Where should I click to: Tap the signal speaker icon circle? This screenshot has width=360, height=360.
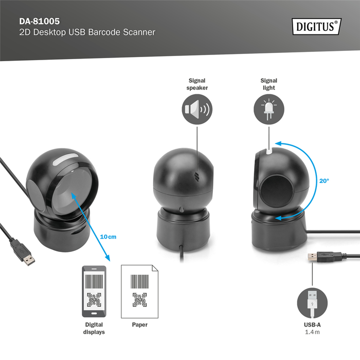coord(196,110)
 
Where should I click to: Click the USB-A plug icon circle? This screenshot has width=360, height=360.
coord(312,301)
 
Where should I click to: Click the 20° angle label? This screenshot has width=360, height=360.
coord(324,181)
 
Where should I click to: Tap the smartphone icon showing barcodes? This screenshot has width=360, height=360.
coord(94,291)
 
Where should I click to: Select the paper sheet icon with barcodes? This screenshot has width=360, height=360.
coord(139,291)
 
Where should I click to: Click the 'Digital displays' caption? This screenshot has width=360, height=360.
coord(94,328)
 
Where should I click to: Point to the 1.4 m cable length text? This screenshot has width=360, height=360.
coord(312,332)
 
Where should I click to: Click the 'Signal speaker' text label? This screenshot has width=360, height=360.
coord(197,84)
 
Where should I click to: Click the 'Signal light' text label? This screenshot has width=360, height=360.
coord(268,84)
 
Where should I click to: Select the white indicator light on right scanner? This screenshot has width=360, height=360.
coord(269,151)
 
